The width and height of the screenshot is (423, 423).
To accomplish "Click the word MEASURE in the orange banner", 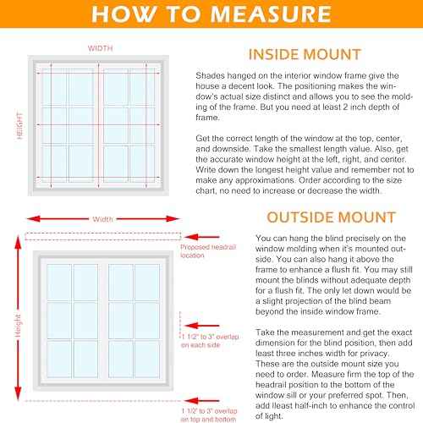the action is pyautogui.click(x=271, y=14).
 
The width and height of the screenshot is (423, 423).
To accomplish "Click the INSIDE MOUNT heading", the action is pyautogui.click(x=305, y=54).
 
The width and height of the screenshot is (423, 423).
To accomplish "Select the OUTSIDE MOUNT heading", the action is pyautogui.click(x=332, y=217).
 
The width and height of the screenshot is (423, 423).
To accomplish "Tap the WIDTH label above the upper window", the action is pyautogui.click(x=101, y=48).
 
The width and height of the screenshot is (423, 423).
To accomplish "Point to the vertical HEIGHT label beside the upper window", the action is pyautogui.click(x=19, y=126).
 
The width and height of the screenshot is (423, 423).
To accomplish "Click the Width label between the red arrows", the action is pyautogui.click(x=102, y=219).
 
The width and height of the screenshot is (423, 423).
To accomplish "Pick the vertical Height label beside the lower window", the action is pyautogui.click(x=18, y=326).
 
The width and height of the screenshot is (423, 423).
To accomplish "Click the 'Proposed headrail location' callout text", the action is pyautogui.click(x=208, y=251).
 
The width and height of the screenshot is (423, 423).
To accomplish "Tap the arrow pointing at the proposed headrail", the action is pyautogui.click(x=202, y=237).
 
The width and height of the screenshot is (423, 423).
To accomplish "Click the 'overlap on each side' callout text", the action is pyautogui.click(x=210, y=341).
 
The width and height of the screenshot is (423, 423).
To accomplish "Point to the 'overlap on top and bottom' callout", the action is pyautogui.click(x=209, y=415).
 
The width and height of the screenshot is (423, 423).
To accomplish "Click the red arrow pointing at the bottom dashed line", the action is pyautogui.click(x=202, y=400).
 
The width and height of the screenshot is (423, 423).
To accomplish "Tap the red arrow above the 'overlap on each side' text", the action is pyautogui.click(x=202, y=326).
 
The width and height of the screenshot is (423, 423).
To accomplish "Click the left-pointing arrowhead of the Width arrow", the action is pyautogui.click(x=33, y=219).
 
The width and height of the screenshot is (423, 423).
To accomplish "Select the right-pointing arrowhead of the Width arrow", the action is pyautogui.click(x=173, y=219).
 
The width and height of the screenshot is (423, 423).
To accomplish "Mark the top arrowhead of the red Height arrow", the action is pyautogui.click(x=18, y=243).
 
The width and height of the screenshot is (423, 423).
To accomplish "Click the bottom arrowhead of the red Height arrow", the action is pyautogui.click(x=18, y=393).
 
